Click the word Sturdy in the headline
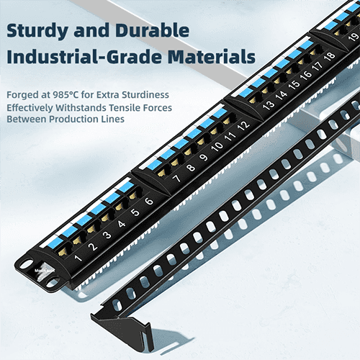[37, 31]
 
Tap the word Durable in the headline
[152, 30]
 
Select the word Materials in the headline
[212, 57]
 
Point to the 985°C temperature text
[66, 95]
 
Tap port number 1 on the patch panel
[78, 258]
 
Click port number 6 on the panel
[149, 201]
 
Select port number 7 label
[176, 179]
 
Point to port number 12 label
[243, 125]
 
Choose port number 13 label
[268, 105]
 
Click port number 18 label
[330, 56]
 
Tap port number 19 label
[354, 37]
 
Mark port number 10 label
[217, 146]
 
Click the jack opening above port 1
[64, 250]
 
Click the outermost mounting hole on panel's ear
[26, 264]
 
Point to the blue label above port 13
[246, 92]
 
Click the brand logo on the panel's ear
[45, 271]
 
